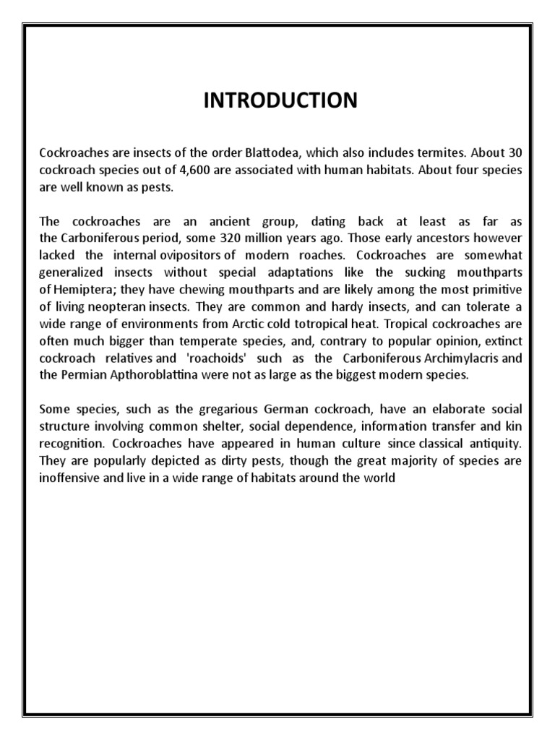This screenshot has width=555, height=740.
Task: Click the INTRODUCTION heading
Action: (280, 100)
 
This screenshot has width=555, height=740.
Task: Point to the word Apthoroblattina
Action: (149, 374)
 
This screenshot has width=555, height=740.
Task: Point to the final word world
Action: (379, 477)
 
